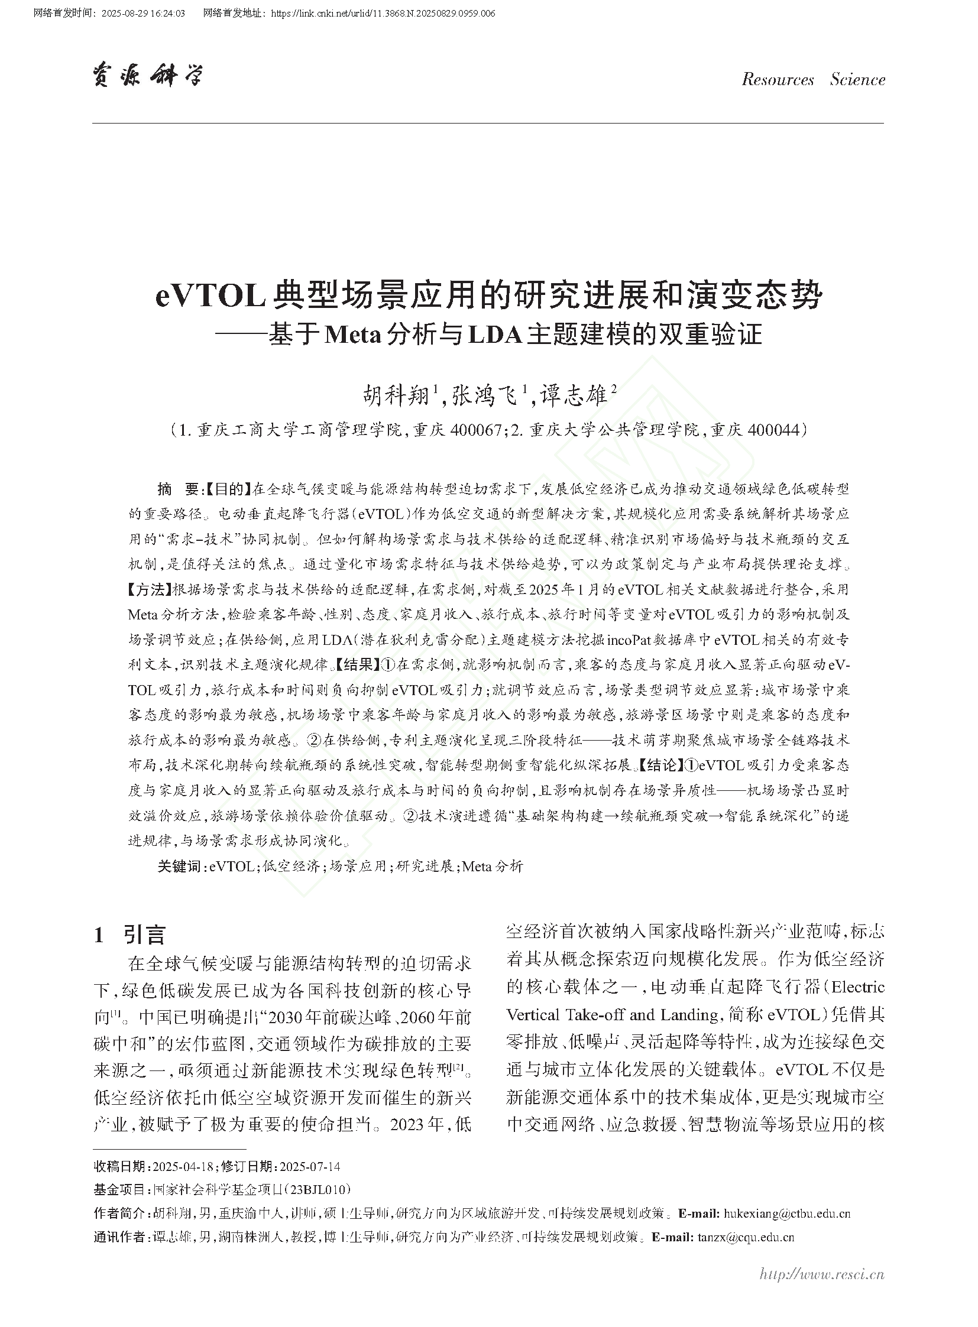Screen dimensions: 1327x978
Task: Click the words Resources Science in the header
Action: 812,80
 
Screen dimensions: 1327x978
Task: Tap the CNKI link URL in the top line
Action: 383,14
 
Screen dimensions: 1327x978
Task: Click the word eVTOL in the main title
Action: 210,297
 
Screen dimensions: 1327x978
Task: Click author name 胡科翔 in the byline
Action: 396,395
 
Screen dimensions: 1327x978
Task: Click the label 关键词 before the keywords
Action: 179,867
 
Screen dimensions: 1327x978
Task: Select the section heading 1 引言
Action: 129,935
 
